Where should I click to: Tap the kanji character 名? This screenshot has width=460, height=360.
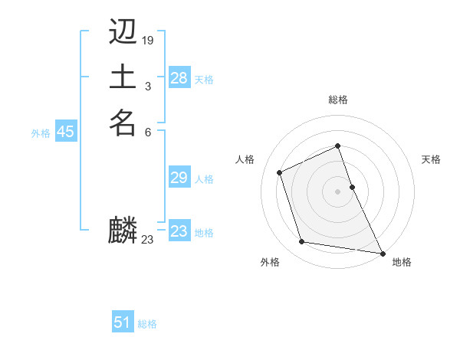click(123, 123)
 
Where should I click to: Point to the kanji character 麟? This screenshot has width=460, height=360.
click(123, 231)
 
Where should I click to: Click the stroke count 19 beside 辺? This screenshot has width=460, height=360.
click(148, 39)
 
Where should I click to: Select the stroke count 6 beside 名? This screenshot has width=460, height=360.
click(147, 131)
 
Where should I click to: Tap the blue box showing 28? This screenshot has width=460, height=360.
click(179, 77)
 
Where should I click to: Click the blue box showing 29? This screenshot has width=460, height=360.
click(179, 178)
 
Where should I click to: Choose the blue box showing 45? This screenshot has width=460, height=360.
click(65, 132)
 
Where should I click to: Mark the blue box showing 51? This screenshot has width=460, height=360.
click(123, 322)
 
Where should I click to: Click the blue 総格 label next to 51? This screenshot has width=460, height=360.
click(147, 324)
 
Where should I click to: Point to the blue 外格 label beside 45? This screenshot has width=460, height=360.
click(41, 133)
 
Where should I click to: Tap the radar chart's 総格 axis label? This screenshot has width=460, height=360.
click(338, 100)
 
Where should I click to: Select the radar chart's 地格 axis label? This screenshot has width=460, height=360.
click(402, 262)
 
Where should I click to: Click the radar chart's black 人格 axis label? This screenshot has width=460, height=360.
click(245, 159)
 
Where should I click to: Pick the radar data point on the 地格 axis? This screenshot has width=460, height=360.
click(383, 253)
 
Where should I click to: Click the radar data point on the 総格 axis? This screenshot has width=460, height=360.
click(337, 146)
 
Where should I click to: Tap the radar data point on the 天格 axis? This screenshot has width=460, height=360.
click(352, 186)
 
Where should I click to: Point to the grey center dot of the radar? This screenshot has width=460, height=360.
click(337, 191)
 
